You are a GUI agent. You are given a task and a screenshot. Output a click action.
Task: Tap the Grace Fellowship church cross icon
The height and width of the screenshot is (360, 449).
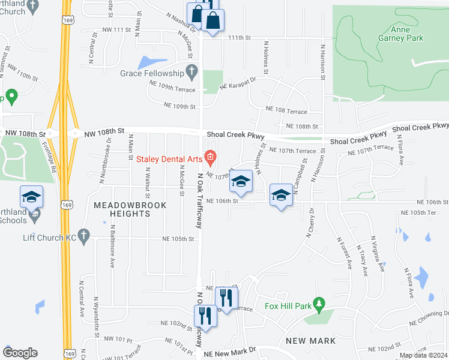191,73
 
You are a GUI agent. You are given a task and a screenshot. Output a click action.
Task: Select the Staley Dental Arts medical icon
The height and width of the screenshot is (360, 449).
210,158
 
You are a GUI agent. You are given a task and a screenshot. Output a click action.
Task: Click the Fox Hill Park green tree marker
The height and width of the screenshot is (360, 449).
320,306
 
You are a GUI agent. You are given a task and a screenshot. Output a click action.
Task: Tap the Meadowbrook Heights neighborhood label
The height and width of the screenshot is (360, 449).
122,209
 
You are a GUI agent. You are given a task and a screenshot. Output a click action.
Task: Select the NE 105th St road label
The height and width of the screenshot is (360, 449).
178,238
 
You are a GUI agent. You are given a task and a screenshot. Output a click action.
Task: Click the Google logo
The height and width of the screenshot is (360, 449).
20,353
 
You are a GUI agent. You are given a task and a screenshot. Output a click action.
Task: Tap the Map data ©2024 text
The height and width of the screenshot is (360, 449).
423,355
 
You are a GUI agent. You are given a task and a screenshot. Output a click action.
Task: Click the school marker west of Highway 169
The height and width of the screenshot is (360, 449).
32,197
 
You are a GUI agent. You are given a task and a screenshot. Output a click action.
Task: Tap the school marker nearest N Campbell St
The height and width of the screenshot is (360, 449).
280,195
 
